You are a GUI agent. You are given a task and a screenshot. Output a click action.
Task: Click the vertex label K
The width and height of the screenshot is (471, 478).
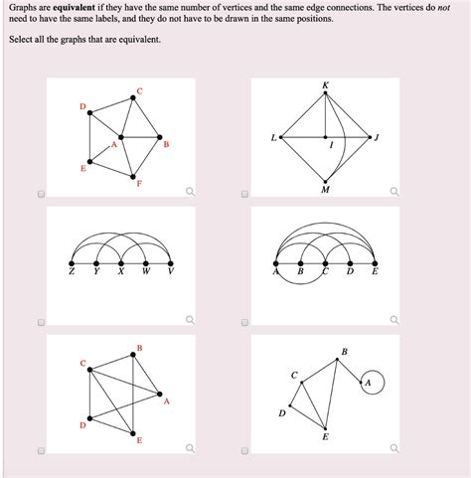pyautogui.click(x=326, y=86)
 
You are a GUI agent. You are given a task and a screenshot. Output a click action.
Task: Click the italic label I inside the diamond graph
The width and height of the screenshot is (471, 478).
pyautogui.click(x=331, y=146)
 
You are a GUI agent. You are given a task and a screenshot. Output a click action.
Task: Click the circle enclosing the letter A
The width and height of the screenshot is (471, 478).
pyautogui.click(x=369, y=382)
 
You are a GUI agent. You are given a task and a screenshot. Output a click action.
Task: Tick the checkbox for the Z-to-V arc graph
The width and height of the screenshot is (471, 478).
pyautogui.click(x=41, y=322)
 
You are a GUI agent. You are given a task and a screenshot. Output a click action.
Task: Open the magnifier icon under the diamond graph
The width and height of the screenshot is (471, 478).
pyautogui.click(x=394, y=192)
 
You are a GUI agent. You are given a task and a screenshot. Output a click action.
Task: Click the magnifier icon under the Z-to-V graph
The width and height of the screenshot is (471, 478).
pyautogui.click(x=190, y=320)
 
